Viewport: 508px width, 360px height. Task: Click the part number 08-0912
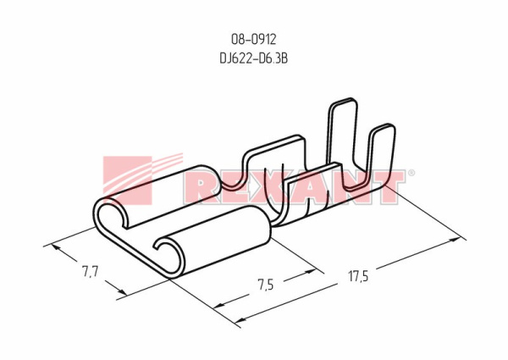(254, 40)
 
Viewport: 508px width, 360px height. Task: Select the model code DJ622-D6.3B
(254, 58)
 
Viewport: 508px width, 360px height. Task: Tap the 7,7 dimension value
(90, 272)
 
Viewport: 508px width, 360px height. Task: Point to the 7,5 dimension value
(266, 285)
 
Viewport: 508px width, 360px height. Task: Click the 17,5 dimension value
(358, 276)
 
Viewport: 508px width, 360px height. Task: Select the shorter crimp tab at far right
(384, 152)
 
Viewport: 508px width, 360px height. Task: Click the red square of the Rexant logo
(127, 180)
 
